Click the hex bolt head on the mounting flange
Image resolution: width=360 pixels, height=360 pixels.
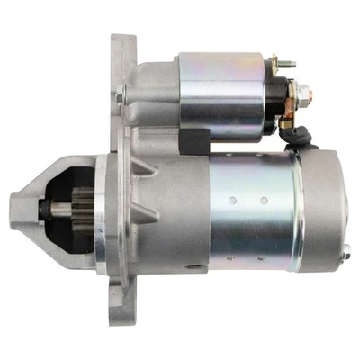point(120,97)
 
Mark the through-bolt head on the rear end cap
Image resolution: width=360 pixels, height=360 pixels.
point(345,256)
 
